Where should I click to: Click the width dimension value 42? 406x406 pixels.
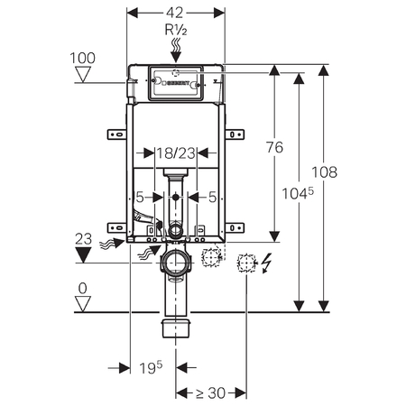[x=174, y=13]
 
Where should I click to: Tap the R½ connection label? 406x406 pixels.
[x=176, y=30]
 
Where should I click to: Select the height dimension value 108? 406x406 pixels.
[x=324, y=172]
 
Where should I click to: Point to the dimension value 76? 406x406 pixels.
[x=274, y=147]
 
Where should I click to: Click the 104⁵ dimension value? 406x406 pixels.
[x=298, y=193]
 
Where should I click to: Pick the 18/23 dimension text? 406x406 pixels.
[x=176, y=153]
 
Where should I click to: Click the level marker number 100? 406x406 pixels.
[x=82, y=58]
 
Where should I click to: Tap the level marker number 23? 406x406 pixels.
[x=83, y=239]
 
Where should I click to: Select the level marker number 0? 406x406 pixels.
[x=82, y=288]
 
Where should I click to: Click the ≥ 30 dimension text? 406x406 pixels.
[x=210, y=392]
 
